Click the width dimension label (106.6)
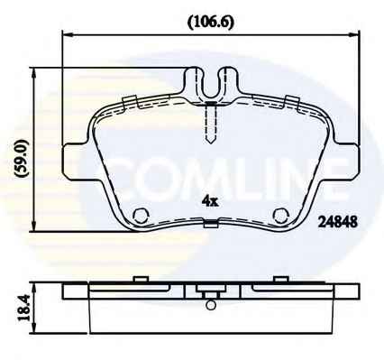[x=210, y=23]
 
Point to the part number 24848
[x=338, y=223]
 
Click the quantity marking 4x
[x=210, y=201]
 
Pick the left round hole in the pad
[x=141, y=215]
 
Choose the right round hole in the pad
[x=281, y=215]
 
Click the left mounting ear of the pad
[x=75, y=162]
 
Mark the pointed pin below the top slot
[x=211, y=124]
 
